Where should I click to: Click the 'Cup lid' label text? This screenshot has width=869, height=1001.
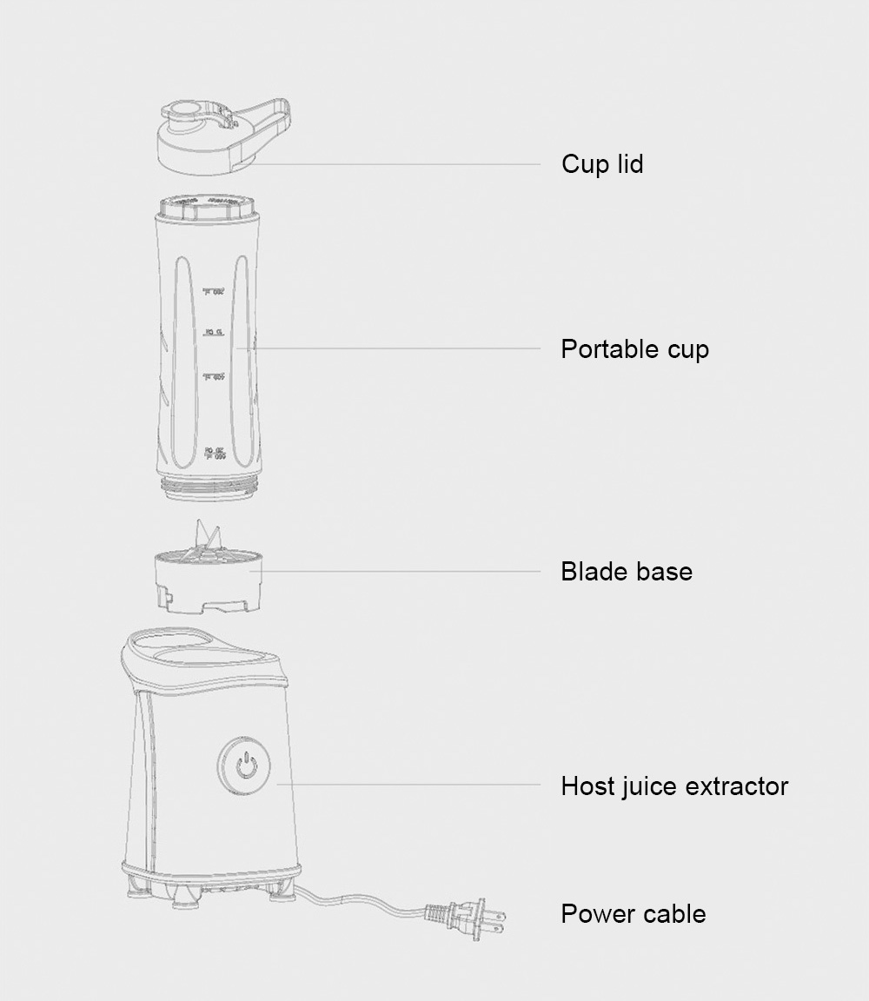pos(602,164)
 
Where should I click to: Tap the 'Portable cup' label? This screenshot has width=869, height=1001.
pos(634,349)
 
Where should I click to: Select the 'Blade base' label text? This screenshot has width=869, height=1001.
pos(626,572)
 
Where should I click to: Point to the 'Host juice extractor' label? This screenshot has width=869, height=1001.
pos(674,786)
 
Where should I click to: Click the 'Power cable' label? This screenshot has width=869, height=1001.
pos(633,914)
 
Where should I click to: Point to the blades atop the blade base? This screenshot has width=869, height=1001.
pos(208,536)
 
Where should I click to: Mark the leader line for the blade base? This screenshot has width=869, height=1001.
pos(400,572)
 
